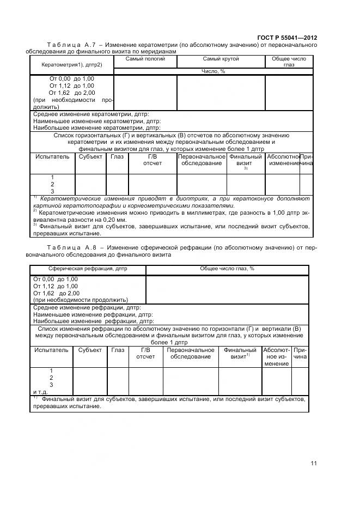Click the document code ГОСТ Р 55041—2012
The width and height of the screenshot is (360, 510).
point(286,37)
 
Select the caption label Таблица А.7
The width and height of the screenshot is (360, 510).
point(72,45)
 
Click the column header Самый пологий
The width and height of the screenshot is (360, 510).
point(145,59)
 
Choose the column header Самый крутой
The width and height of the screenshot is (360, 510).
point(221,59)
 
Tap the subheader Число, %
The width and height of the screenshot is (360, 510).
point(213,71)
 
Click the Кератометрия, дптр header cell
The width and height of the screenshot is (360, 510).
point(71,65)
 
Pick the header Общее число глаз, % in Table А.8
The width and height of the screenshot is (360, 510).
point(227,269)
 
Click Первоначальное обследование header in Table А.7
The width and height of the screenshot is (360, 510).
point(202,160)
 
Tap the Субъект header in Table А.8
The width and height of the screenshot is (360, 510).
point(90,350)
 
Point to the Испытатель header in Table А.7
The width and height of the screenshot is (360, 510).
point(52,157)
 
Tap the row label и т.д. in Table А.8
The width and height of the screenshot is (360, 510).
point(41,392)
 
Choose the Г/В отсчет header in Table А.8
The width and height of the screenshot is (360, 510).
point(145,354)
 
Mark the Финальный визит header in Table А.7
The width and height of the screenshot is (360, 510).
point(245,160)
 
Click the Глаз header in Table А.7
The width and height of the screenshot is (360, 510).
point(117,157)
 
